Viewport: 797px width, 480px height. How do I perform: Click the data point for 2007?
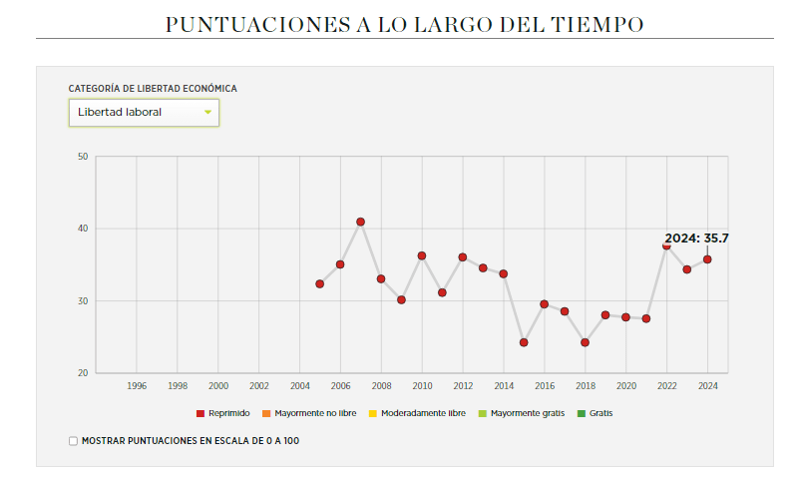[x=360, y=222]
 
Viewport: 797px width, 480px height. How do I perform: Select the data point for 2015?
[x=524, y=342]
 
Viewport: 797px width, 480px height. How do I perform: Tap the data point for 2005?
[x=319, y=284]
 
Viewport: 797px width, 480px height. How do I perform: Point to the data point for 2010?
[x=422, y=255]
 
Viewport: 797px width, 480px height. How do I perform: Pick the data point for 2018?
[x=585, y=342]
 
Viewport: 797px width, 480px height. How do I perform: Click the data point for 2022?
[x=666, y=245]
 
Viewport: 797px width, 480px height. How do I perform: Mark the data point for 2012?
[x=463, y=257]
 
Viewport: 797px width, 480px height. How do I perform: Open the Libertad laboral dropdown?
[x=144, y=113]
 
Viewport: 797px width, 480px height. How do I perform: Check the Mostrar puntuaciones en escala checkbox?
[x=73, y=440]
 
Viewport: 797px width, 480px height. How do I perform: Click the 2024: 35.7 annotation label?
[x=696, y=239]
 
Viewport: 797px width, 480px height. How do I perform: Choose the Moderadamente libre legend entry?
[x=417, y=412]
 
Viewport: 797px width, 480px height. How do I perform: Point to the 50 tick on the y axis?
[x=83, y=157]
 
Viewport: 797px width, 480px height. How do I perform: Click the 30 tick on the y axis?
[x=83, y=301]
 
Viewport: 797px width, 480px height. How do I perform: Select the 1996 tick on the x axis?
[x=137, y=385]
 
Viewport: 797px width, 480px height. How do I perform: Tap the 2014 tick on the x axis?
[x=504, y=385]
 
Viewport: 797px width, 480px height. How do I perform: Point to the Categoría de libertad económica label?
[x=153, y=89]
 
